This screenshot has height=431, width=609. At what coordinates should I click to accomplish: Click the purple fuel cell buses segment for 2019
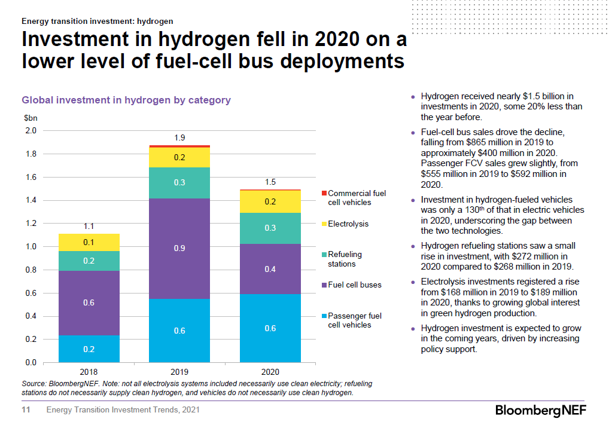[x=179, y=248]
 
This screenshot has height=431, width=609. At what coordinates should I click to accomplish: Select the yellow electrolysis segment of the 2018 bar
[x=89, y=242]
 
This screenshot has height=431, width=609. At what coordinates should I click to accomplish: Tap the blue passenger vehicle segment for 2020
[x=270, y=328]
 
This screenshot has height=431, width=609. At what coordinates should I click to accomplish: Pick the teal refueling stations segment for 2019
[x=179, y=182]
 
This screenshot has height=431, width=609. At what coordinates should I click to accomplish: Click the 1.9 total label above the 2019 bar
[x=179, y=138]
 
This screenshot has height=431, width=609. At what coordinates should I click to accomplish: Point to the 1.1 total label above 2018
[x=89, y=227]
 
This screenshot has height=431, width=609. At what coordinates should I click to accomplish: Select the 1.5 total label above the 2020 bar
[x=270, y=182]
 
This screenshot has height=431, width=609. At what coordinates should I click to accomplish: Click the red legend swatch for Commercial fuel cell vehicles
[x=323, y=193]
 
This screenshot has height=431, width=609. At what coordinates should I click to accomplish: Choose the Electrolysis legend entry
[x=348, y=224]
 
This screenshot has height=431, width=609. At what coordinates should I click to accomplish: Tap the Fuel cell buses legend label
[x=354, y=285]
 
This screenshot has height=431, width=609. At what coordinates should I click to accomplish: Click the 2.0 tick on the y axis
[x=31, y=130]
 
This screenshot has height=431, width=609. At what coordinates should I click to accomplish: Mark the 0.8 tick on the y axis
[x=31, y=270]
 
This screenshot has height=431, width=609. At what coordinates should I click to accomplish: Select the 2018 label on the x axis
[x=89, y=371]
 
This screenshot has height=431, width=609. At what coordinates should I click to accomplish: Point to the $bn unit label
[x=30, y=118]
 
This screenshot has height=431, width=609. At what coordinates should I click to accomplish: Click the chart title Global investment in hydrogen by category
[x=126, y=100]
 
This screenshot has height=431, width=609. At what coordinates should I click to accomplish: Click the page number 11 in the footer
[x=26, y=410]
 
